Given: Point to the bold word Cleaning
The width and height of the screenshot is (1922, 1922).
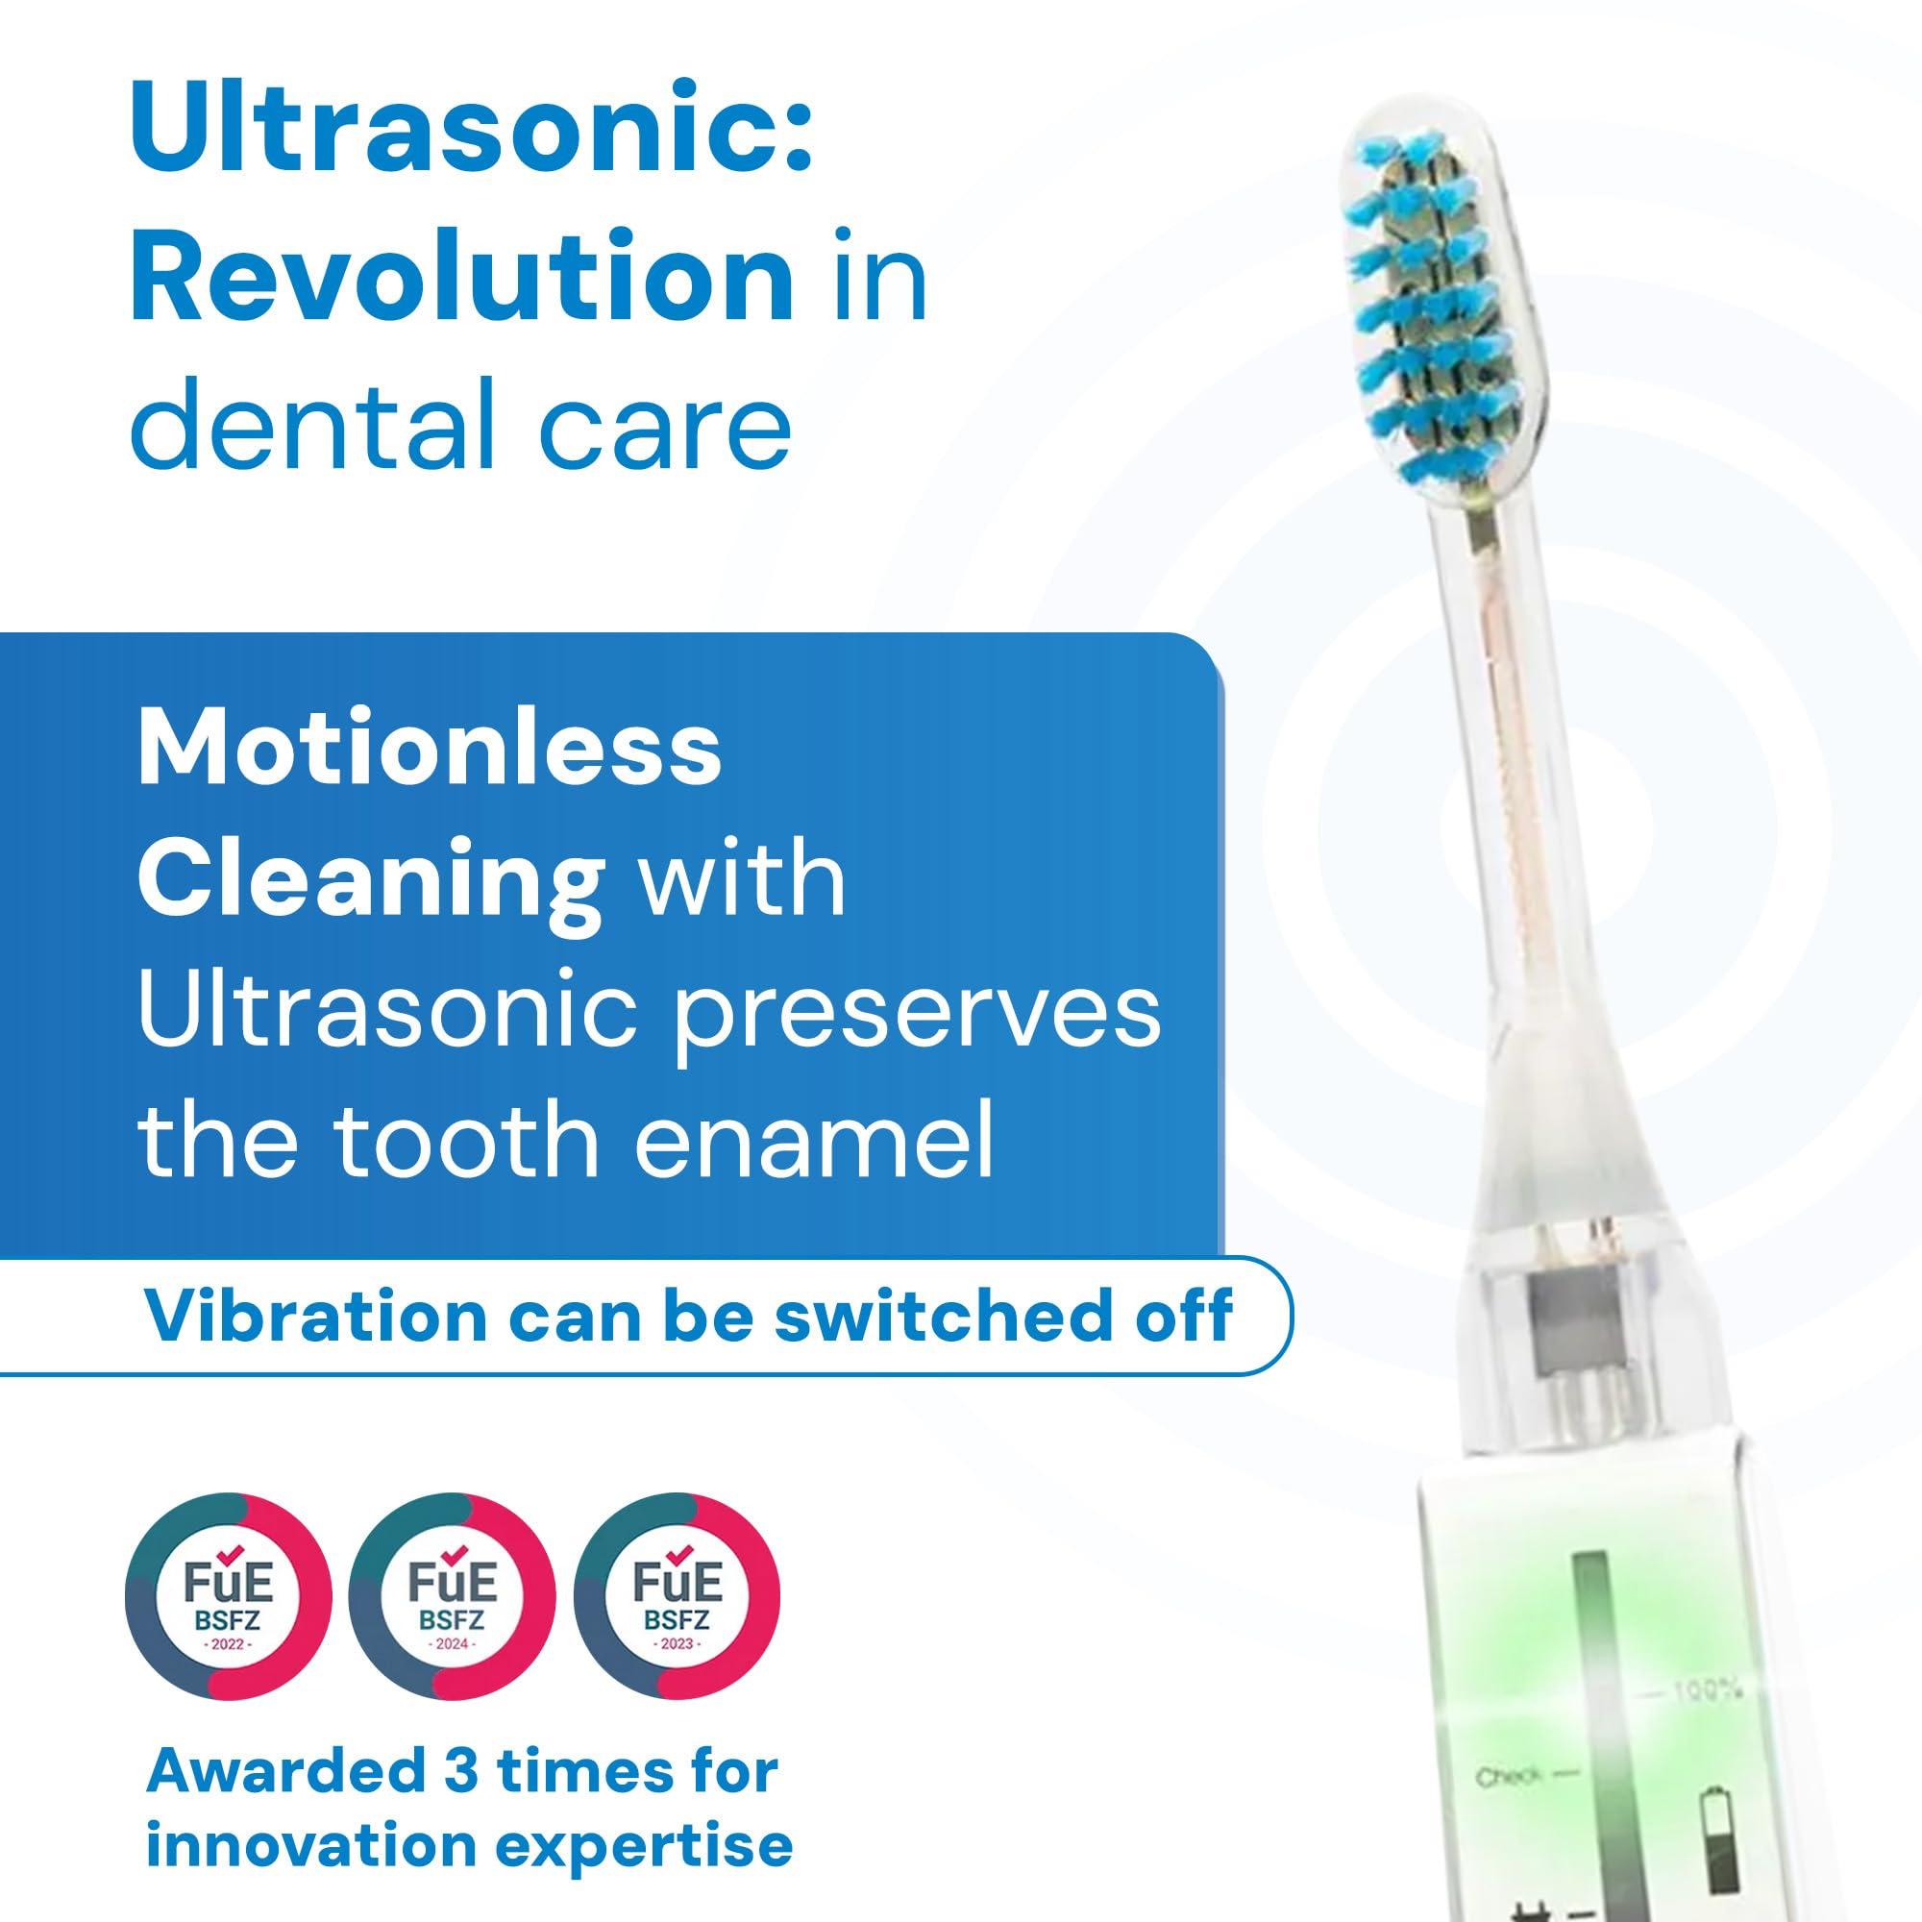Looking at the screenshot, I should click(370, 879).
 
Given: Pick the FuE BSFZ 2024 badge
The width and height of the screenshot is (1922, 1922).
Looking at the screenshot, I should click(453, 1599).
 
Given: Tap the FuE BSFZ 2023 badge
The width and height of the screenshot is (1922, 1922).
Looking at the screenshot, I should click(678, 1599).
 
